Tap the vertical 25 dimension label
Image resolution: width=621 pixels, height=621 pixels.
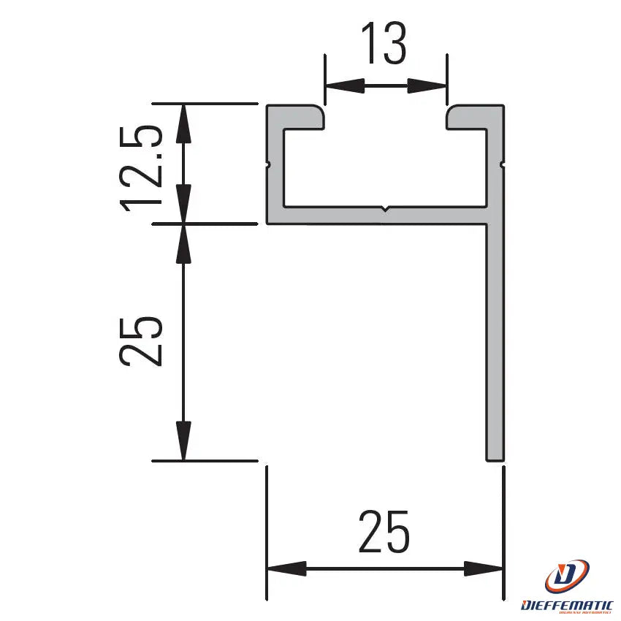tap(140, 340)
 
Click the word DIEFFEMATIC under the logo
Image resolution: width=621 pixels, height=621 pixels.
tap(568, 605)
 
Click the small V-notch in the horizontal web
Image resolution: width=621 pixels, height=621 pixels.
tap(385, 211)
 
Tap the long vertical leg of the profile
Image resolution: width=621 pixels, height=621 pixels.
tap(495, 336)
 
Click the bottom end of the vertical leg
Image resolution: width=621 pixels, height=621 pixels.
tap(495, 457)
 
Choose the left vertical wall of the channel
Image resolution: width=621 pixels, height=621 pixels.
tap(275, 168)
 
